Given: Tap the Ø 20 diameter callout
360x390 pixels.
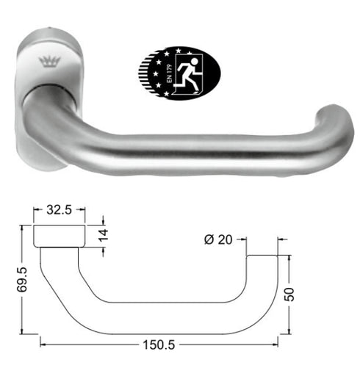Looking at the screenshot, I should click(x=219, y=239).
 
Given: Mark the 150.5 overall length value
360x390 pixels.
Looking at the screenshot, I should click(x=159, y=343).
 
